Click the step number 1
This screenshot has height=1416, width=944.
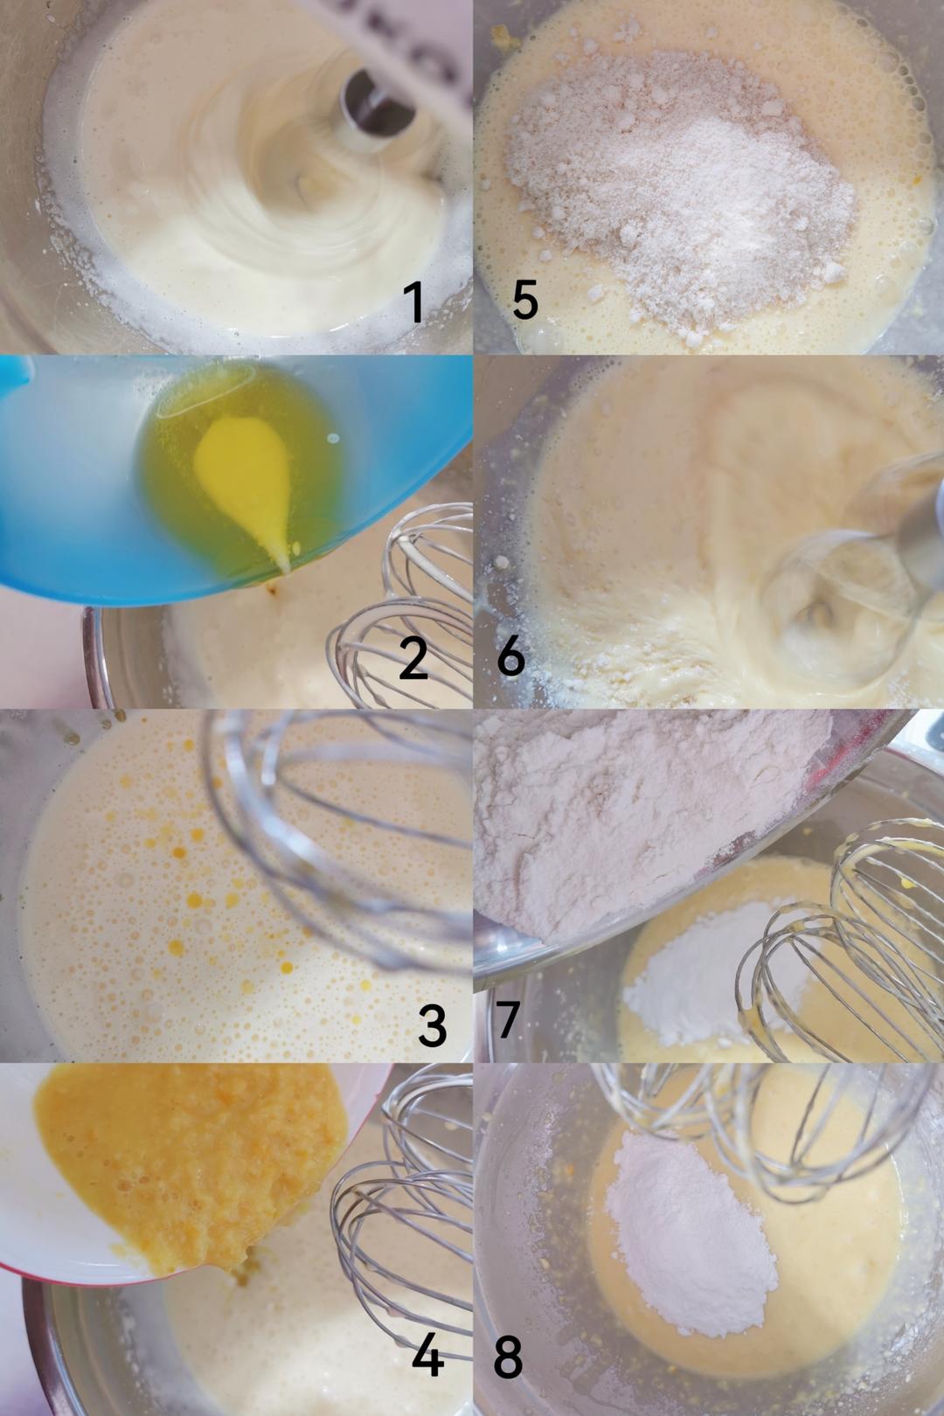tap(414, 302)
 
